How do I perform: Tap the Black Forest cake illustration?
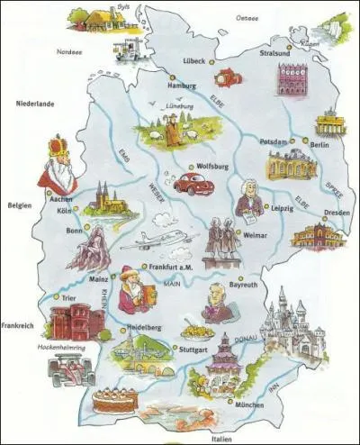[114, 398]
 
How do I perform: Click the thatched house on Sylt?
[89, 18]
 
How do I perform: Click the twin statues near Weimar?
[219, 242]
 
